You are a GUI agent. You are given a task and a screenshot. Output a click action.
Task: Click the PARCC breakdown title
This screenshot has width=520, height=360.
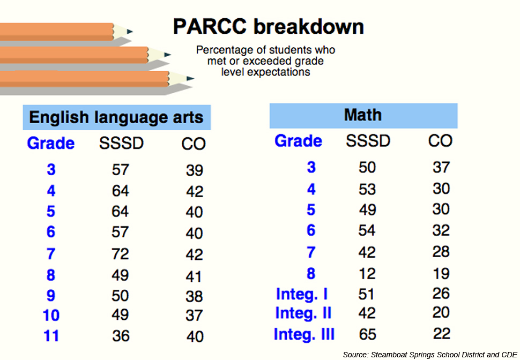tap(268, 26)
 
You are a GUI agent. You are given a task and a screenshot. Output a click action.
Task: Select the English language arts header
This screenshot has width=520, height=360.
tap(116, 117)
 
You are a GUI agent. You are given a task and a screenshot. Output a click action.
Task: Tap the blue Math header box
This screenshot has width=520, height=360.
tap(363, 115)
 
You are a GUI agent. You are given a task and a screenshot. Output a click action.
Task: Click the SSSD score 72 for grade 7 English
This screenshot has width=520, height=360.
tap(120, 254)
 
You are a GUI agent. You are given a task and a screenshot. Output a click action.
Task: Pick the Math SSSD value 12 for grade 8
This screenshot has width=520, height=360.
tap(367, 273)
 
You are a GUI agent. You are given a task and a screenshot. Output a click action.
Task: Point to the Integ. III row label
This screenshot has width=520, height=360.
tap(304, 334)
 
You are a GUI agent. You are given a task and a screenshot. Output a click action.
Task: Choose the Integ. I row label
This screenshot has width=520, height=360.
tap(302, 294)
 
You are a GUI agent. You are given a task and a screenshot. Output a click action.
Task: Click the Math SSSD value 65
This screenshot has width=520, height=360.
tap(367, 334)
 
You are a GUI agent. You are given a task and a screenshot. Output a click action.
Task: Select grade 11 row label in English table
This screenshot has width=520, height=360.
tap(51, 336)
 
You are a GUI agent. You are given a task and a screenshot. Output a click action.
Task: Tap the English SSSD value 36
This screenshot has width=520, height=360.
tap(120, 336)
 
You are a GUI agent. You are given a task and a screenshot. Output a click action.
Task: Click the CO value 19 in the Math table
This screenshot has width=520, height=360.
tap(441, 273)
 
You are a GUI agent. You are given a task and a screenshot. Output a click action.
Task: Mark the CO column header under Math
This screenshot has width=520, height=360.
tap(440, 141)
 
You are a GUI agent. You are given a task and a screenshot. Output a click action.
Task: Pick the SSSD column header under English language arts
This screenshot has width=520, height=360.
tap(121, 144)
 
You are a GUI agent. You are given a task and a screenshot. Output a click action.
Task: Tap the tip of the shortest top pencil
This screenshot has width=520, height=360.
tap(130, 31)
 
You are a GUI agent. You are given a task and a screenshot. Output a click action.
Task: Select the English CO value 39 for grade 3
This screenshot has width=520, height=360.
tap(194, 170)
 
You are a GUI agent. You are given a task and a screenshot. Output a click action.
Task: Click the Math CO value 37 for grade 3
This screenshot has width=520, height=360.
tap(441, 167)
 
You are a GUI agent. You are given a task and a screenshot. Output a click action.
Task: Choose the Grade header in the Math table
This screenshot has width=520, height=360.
tap(298, 141)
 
